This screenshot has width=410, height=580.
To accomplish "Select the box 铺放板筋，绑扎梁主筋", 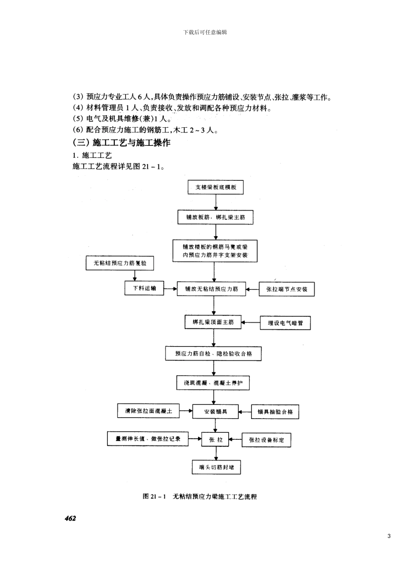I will [215, 217].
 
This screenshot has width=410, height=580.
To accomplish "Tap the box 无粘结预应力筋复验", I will [120, 263].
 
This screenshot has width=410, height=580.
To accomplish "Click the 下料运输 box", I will [145, 288].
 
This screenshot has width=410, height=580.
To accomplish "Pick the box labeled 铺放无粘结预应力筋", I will [211, 289].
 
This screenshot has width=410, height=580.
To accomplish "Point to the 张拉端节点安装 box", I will [286, 289].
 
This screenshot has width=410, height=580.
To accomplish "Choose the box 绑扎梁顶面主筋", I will [213, 322].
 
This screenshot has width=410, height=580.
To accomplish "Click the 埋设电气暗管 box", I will [285, 323].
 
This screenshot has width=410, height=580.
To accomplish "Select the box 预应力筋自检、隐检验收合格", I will [213, 353].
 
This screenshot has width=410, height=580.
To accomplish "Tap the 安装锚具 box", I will [215, 412].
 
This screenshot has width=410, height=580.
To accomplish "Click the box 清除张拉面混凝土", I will [148, 411].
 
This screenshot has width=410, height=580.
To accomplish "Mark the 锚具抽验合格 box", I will [275, 412].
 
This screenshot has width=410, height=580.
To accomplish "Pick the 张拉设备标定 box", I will [266, 440].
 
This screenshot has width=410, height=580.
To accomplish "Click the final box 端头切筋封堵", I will [216, 467].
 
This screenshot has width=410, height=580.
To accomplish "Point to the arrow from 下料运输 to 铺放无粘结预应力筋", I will [170, 288].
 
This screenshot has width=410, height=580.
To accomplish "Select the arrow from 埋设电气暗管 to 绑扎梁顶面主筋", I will [250, 322].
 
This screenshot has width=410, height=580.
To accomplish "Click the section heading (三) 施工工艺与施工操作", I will [121, 143].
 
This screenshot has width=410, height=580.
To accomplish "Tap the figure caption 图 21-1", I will [199, 497].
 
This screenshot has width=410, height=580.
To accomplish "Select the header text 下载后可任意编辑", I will [205, 32].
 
